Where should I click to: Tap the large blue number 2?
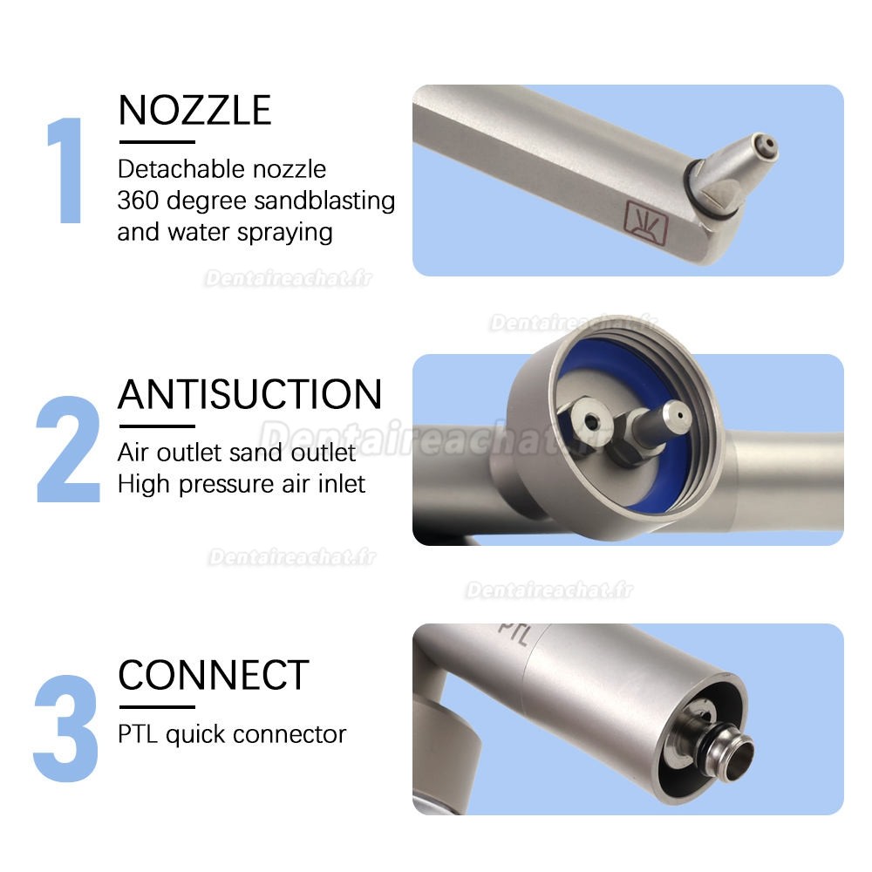69,450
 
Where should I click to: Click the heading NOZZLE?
194,111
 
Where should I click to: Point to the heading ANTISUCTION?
250,394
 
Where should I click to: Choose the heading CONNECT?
214,675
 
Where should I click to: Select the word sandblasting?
324,201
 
